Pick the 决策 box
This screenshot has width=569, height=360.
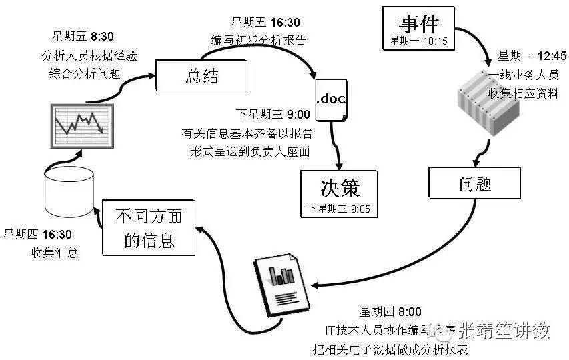[340, 193]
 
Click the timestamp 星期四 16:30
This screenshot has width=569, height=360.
[38, 234]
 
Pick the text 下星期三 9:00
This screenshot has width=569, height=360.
[271, 114]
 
